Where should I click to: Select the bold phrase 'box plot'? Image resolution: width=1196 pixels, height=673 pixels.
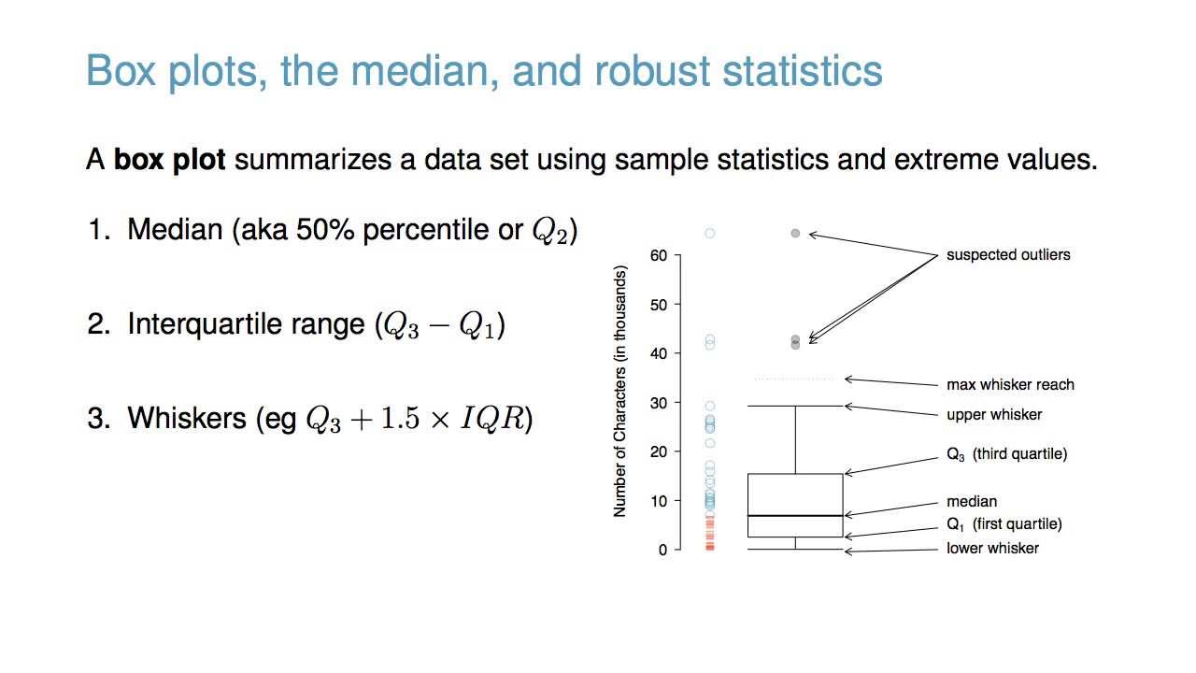[169, 160]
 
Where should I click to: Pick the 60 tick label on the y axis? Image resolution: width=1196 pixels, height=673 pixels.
[659, 255]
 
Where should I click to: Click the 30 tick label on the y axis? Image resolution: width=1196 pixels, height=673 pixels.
[659, 403]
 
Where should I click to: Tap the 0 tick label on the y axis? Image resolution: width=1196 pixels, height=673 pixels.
[662, 550]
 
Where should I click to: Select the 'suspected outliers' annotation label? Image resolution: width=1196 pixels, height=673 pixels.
[1008, 254]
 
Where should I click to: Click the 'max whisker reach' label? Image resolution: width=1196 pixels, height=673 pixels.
[1010, 384]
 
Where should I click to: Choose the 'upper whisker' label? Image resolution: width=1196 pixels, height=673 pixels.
[993, 414]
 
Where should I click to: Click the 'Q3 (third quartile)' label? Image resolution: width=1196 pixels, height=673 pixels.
[1006, 454]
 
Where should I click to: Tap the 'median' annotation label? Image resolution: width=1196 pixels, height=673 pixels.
[971, 502]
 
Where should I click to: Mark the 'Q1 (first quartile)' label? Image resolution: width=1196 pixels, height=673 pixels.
[1004, 524]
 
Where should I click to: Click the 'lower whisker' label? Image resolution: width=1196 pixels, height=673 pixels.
[992, 549]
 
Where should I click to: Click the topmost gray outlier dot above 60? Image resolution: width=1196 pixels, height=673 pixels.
[795, 234]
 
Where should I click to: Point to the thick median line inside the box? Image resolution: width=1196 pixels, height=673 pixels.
[795, 516]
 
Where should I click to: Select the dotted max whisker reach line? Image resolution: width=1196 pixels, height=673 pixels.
[793, 379]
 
